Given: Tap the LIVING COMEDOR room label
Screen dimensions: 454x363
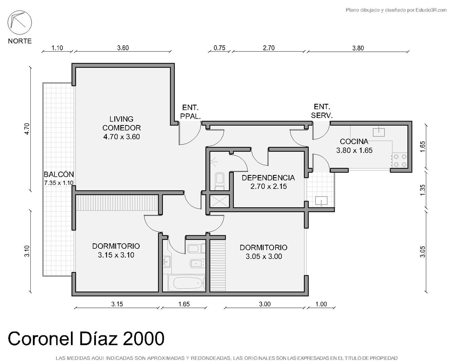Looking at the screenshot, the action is (121, 123).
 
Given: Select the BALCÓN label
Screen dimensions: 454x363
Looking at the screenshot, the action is (59, 174).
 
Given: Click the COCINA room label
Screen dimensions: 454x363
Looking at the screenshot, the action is (354, 141).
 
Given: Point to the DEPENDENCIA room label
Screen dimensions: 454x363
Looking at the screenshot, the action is (268, 178).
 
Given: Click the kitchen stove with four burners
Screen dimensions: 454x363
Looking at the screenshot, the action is (400, 161).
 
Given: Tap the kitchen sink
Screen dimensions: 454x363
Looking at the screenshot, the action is (379, 132).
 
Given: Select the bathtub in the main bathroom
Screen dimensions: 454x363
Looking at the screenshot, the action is (187, 283).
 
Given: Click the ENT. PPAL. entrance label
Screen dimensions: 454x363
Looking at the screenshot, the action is (190, 112).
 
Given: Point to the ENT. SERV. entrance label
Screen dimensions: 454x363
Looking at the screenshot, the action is (322, 111).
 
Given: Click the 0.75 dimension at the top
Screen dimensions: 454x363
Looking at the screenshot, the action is (219, 48).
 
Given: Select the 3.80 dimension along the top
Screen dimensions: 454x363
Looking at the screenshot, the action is (358, 48).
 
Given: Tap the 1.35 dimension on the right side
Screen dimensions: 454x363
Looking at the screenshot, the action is (423, 190).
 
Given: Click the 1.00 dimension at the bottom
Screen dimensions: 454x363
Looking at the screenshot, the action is (321, 304).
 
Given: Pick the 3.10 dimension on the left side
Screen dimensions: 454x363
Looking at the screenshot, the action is (27, 251).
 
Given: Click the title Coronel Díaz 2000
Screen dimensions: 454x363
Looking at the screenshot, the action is (86, 339).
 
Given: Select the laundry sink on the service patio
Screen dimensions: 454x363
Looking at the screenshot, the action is (321, 201).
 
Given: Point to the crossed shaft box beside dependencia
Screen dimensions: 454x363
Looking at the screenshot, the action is (219, 201).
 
